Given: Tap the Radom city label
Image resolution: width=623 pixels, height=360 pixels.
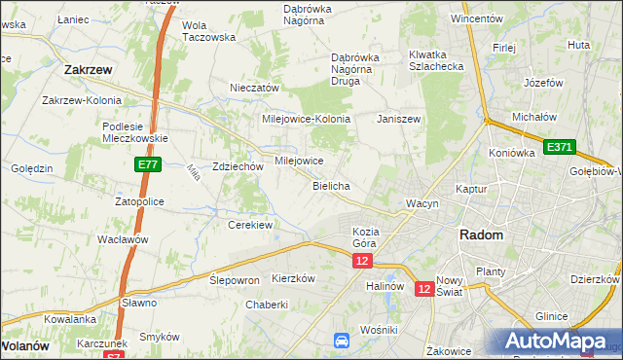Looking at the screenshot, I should point(481,236).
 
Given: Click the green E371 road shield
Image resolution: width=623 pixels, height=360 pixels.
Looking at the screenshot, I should point(560,147).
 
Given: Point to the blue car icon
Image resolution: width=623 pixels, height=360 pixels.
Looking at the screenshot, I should point(342,341).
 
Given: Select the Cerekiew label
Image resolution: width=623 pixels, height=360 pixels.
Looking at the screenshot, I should point(249,225).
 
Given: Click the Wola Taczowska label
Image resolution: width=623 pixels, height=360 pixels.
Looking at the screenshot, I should point(209,31).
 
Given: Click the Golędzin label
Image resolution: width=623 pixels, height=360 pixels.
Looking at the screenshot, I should point(31,168).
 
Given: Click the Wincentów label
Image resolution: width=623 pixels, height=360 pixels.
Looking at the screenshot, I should point(476,18).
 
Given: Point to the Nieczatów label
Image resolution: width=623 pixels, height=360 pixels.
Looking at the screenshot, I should point(254,88).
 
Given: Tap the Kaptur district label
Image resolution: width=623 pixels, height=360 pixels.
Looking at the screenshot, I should point(470,189).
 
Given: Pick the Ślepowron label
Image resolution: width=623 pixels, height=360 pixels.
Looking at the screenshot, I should point(235,279).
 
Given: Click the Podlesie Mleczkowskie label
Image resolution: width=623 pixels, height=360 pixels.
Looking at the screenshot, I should point(135,131).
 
